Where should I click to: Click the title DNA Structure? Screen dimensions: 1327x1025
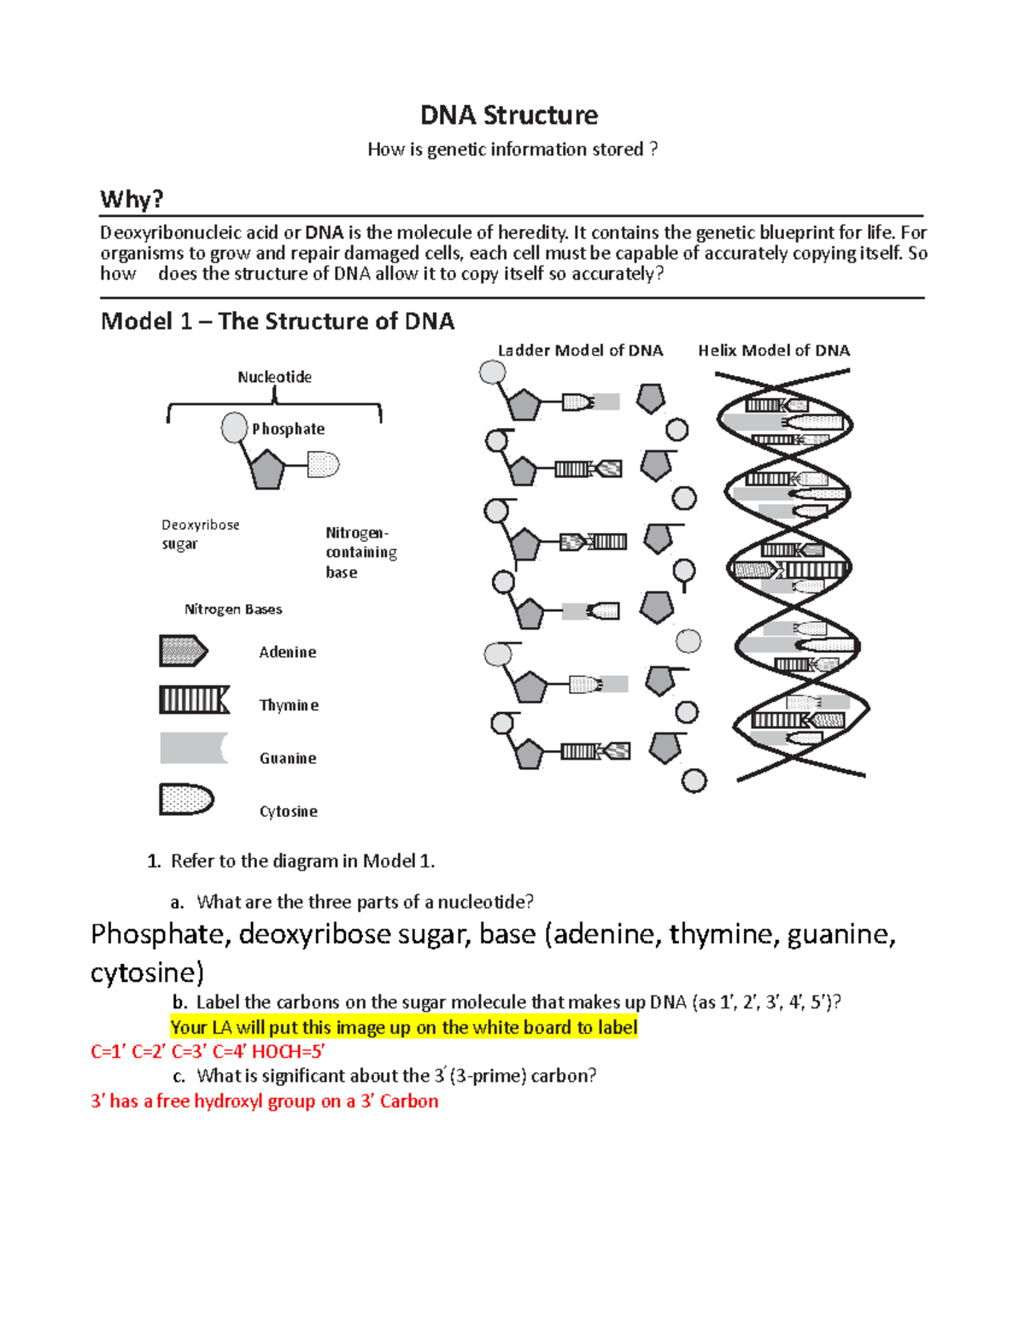[508, 115]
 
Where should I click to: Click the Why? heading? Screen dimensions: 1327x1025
[132, 199]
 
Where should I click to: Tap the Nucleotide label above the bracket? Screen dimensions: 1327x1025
[274, 377]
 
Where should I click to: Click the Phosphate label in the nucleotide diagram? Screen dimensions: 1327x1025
[288, 429]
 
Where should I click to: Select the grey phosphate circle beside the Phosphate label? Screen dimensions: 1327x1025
[234, 427]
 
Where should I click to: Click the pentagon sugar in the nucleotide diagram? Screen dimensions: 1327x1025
[267, 469]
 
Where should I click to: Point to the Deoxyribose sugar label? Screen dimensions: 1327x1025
[200, 534]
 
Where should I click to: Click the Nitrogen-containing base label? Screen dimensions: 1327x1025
[360, 552]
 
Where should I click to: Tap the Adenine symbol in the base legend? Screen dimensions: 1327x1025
[183, 651]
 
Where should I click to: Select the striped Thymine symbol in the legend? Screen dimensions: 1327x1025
[194, 701]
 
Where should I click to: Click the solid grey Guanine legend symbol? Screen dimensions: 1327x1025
[193, 748]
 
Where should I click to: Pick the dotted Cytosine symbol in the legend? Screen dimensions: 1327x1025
[185, 800]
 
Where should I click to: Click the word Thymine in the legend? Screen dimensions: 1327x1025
[289, 705]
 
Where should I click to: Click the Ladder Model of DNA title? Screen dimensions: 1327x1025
[580, 350]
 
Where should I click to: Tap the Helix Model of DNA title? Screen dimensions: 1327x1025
[774, 350]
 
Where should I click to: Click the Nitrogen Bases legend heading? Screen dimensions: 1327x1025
[233, 609]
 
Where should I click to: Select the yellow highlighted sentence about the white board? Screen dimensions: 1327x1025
[404, 1027]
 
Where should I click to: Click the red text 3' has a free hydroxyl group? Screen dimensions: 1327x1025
[264, 1101]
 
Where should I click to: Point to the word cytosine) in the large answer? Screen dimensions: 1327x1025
[147, 972]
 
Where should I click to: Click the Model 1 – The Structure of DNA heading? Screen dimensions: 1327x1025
[278, 321]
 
